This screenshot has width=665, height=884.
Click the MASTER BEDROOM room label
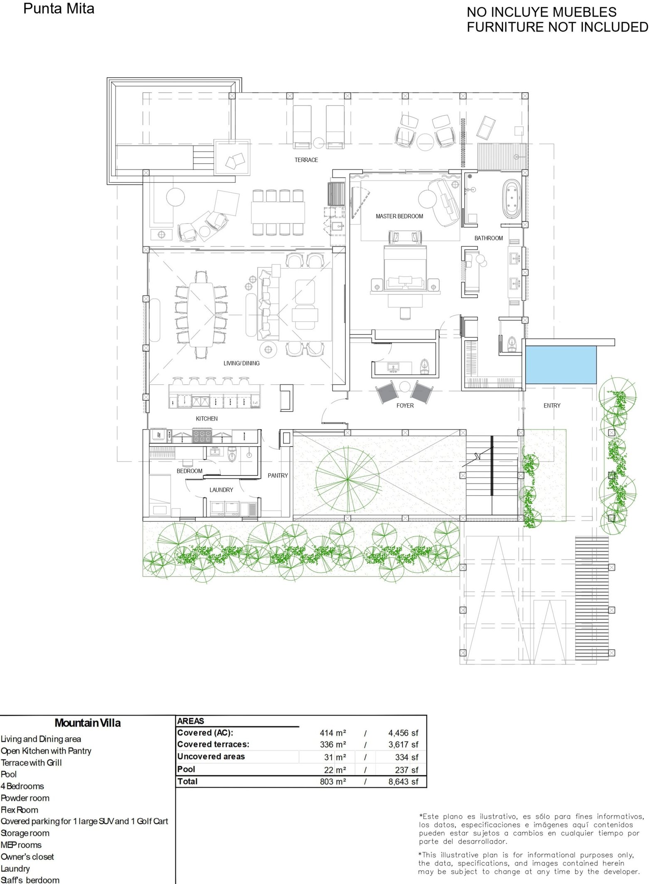(399, 216)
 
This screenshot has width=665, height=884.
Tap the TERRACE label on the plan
(306, 160)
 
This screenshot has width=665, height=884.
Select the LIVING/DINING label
(241, 363)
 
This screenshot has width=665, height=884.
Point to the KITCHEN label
(207, 419)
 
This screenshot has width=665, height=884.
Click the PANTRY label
(278, 476)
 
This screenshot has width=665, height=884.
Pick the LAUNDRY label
(221, 490)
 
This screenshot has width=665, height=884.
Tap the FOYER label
(405, 405)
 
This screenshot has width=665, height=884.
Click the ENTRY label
(552, 405)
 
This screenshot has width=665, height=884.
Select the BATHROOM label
(489, 238)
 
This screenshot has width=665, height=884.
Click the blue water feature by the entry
(561, 365)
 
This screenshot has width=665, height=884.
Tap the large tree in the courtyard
(347, 479)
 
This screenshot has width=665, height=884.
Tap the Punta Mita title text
(59, 9)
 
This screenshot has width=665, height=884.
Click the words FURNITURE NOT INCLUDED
(557, 27)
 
